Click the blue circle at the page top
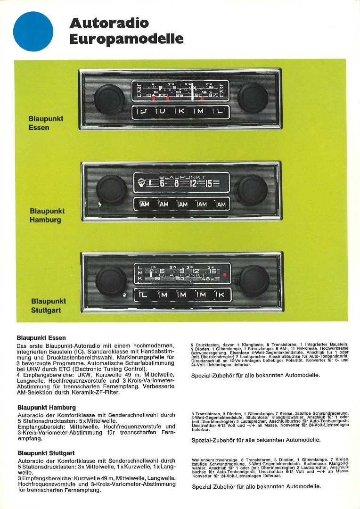[33, 32]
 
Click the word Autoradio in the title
[108, 23]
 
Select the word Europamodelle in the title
[126, 39]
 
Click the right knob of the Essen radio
[253, 98]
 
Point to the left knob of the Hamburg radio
[112, 189]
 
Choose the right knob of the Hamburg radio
[253, 189]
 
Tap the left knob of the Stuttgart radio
[111, 281]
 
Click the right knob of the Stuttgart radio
[254, 280]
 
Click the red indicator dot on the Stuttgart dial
[225, 274]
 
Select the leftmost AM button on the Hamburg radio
[144, 204]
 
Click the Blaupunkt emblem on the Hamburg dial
[141, 182]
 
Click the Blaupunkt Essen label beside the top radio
[46, 123]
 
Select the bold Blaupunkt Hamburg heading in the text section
[46, 407]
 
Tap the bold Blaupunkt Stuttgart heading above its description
[46, 453]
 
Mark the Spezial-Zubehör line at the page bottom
[256, 486]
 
